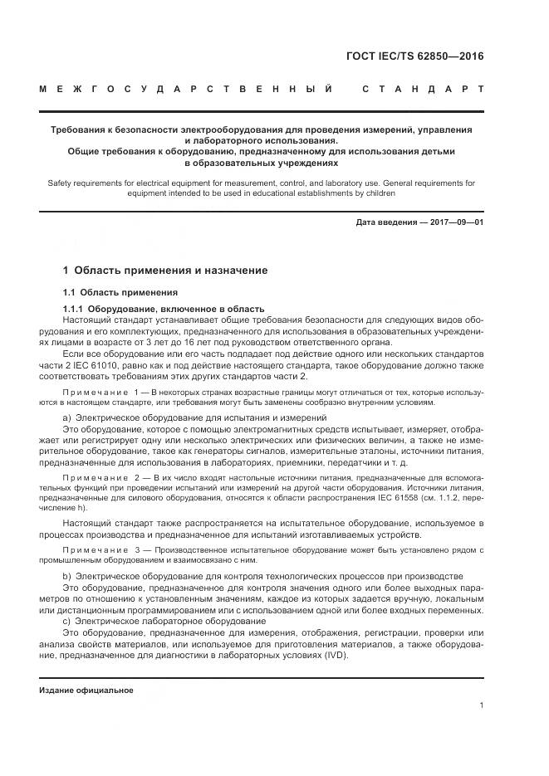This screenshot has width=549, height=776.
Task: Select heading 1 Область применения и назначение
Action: [x=165, y=271]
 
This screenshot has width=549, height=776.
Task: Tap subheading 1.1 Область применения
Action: [x=120, y=292]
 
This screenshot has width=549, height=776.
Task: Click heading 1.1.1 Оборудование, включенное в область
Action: [x=164, y=308]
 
